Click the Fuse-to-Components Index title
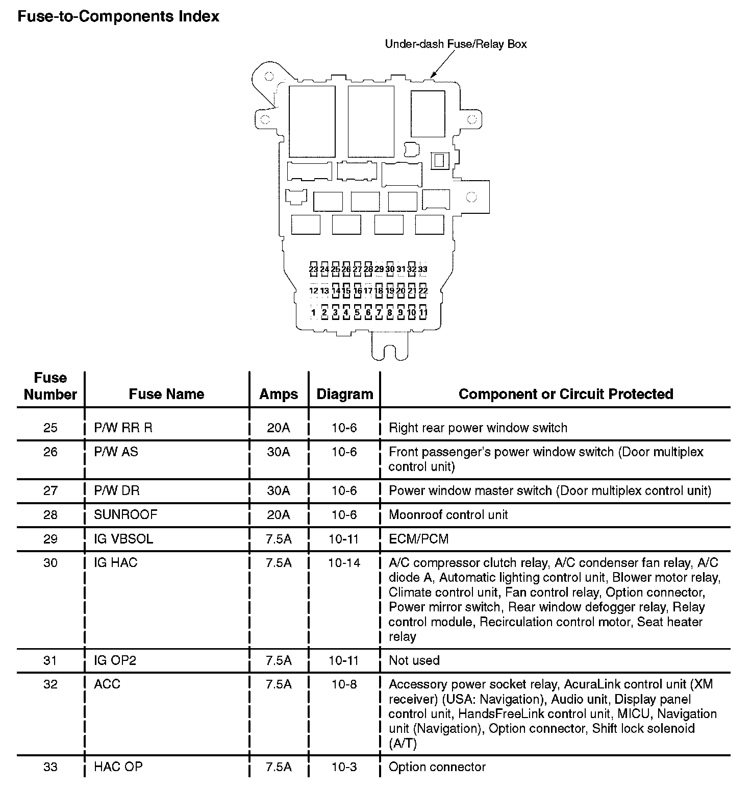pos(118,16)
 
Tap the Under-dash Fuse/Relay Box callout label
pos(456,44)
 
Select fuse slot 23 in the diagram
pos(313,269)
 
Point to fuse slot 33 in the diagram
pos(423,269)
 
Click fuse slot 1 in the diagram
pos(313,312)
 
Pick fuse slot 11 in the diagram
pos(423,312)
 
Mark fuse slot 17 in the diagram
pos(368,291)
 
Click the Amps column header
pos(279,394)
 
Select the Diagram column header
pos(345,394)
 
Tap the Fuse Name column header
pos(166,394)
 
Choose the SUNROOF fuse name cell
pos(126,514)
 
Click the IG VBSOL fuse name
pos(123,539)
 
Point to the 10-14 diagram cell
pos(344,563)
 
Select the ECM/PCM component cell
pos(419,539)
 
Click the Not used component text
pos(414,660)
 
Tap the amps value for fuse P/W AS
pos(279,452)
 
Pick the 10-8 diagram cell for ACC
pos(344,684)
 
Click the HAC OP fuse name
pos(118,767)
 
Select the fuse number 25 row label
pos(51,428)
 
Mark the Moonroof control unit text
pos(448,514)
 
